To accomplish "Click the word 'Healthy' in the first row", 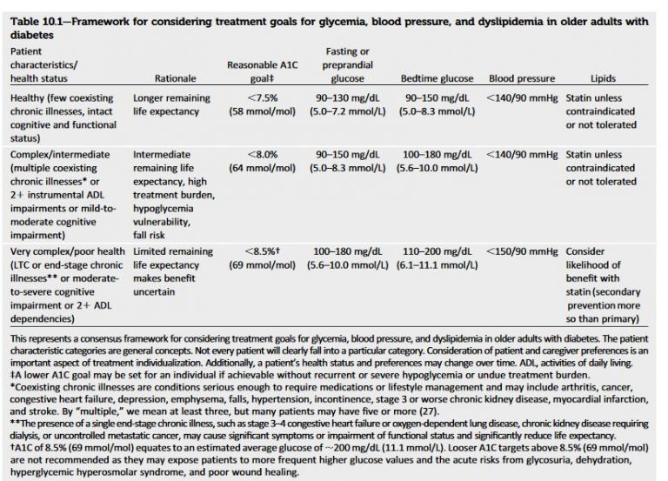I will tap(30, 98).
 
